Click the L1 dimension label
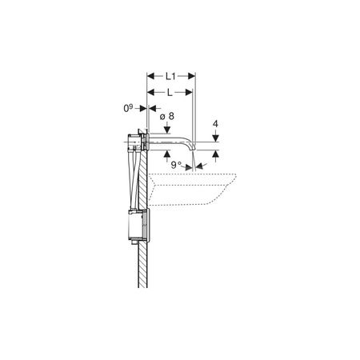coord(170,78)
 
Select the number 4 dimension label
coord(214,124)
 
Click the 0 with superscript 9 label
coord(128,107)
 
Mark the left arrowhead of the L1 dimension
coord(150,78)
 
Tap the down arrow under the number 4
coord(214,137)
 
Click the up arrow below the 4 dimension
coord(214,153)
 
